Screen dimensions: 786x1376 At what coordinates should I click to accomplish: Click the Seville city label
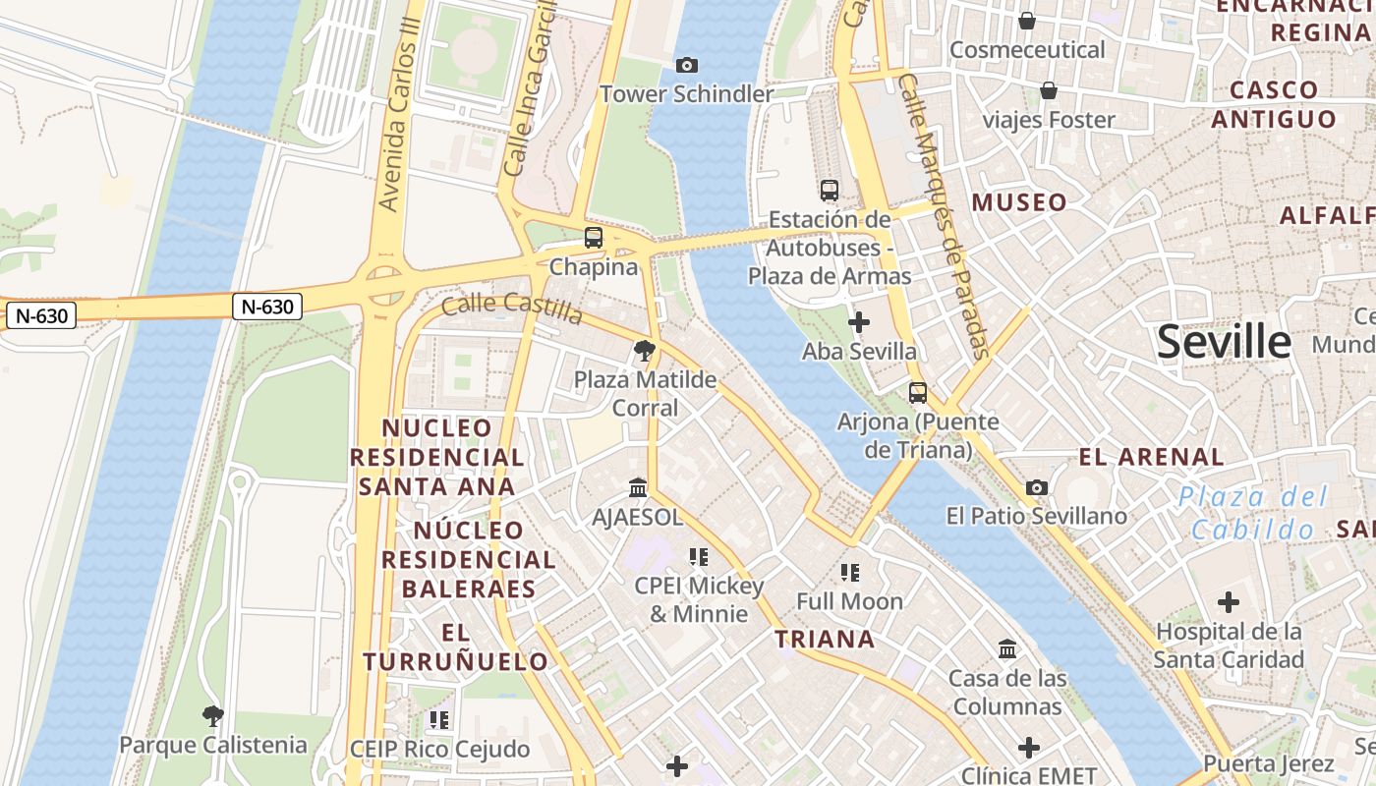point(1224,342)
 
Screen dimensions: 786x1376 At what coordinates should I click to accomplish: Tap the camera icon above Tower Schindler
point(687,65)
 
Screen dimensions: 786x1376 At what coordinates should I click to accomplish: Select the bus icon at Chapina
point(593,237)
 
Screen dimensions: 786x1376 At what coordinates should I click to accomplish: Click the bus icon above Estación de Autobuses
point(830,190)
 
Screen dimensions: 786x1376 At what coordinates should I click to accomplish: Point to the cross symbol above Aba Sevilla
point(859,321)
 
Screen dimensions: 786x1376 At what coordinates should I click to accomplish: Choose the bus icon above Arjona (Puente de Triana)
point(918,392)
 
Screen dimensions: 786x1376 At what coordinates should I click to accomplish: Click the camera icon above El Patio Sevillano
point(1036,487)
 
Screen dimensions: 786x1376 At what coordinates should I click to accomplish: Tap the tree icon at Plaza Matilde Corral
point(645,350)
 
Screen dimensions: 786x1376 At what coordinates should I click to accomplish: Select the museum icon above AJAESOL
point(638,487)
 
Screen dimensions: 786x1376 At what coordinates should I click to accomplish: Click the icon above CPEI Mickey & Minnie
point(699,557)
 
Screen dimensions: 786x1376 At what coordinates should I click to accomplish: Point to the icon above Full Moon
point(850,572)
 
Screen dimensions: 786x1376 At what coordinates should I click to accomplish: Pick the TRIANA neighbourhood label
point(825,640)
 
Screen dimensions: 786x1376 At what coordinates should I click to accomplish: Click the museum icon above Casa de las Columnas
point(1007,648)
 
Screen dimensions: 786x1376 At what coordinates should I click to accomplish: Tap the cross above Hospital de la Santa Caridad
point(1229,602)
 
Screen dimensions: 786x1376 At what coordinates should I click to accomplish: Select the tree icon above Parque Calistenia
point(212,715)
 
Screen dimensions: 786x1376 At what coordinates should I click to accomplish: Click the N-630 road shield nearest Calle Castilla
point(267,307)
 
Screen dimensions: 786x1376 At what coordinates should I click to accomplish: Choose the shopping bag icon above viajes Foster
point(1049,91)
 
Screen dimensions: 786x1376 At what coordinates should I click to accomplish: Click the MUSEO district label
point(1019,203)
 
